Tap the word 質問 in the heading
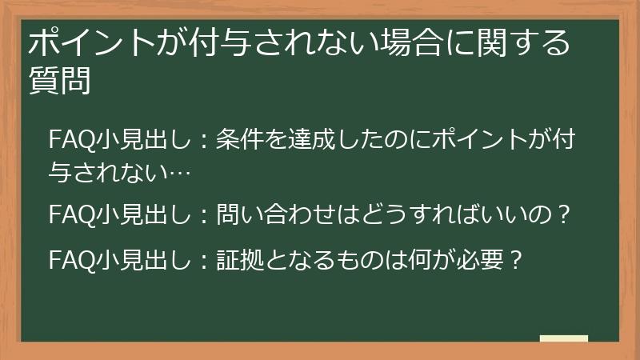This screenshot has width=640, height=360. pos(58,81)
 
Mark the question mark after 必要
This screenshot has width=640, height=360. pos(515,260)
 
